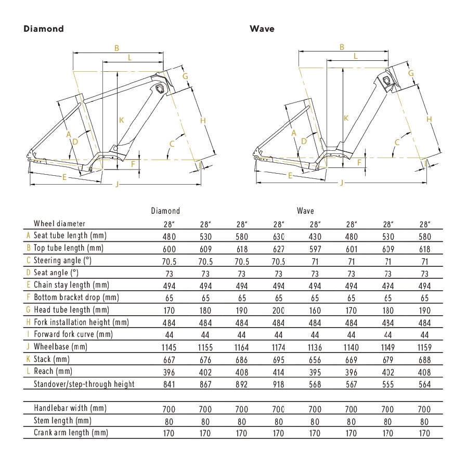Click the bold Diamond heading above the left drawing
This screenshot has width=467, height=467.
[x=44, y=29]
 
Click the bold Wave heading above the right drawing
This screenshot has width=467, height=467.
[x=262, y=29]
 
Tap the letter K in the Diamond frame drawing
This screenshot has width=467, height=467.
[x=121, y=120]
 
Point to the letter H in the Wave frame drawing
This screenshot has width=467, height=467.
[x=429, y=119]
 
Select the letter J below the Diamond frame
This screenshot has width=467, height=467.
[x=117, y=184]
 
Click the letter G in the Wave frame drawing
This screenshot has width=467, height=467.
[x=411, y=73]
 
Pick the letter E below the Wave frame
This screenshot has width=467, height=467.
[x=290, y=176]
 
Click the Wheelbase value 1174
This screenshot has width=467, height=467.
[x=279, y=347]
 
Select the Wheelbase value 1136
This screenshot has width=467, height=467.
[x=314, y=347]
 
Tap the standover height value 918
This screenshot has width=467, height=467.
[x=279, y=384]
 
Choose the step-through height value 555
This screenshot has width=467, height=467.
[x=387, y=384]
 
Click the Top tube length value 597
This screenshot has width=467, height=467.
[x=314, y=248]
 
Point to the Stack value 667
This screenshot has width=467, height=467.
[x=166, y=359]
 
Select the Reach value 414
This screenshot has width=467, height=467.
[x=279, y=372]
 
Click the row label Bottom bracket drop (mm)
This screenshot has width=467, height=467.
[x=76, y=297]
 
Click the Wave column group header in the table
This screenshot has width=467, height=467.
[x=305, y=211]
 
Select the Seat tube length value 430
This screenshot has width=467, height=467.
[x=314, y=236]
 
